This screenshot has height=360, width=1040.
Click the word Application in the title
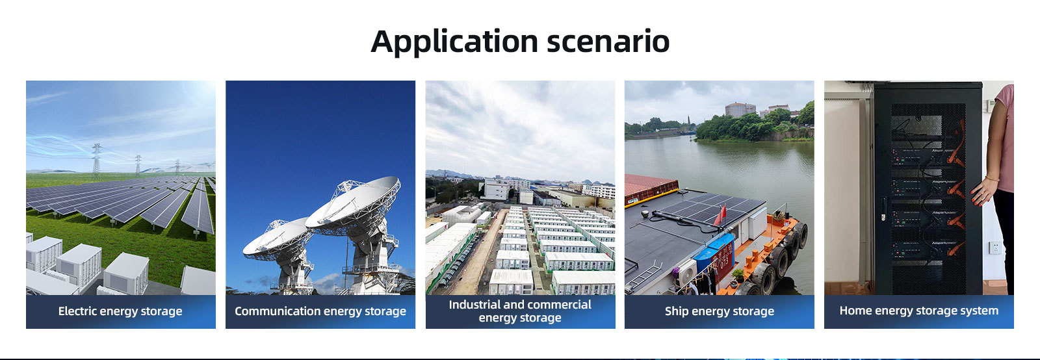coord(454,42)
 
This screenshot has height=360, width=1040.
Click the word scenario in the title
coord(608,42)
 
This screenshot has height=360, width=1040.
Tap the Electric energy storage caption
coord(120,311)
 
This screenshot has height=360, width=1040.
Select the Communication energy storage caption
coord(320,311)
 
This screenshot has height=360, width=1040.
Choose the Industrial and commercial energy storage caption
coord(520,311)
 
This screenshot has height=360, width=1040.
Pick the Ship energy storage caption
coord(719,311)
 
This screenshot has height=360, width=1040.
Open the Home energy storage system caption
coord(919,311)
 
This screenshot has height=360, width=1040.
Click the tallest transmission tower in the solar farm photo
coord(96,161)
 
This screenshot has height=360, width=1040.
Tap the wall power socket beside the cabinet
coord(995,248)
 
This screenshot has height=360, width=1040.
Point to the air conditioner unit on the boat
coord(686,274)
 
